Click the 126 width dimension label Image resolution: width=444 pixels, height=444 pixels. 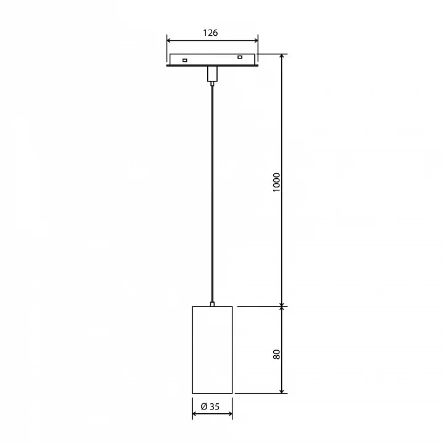(210, 33)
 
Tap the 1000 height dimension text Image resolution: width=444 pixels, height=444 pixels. (277, 183)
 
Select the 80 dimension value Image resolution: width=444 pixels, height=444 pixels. (277, 354)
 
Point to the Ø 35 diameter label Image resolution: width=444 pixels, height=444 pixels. (210, 406)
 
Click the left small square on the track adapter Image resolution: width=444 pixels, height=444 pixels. (184, 60)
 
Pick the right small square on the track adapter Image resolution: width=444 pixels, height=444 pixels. (240, 57)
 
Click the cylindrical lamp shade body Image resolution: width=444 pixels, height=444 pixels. (212, 350)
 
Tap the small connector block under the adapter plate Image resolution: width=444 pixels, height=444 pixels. (212, 73)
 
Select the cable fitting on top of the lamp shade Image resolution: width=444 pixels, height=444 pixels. (212, 304)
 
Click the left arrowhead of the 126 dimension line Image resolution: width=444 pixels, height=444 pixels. (169, 40)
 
